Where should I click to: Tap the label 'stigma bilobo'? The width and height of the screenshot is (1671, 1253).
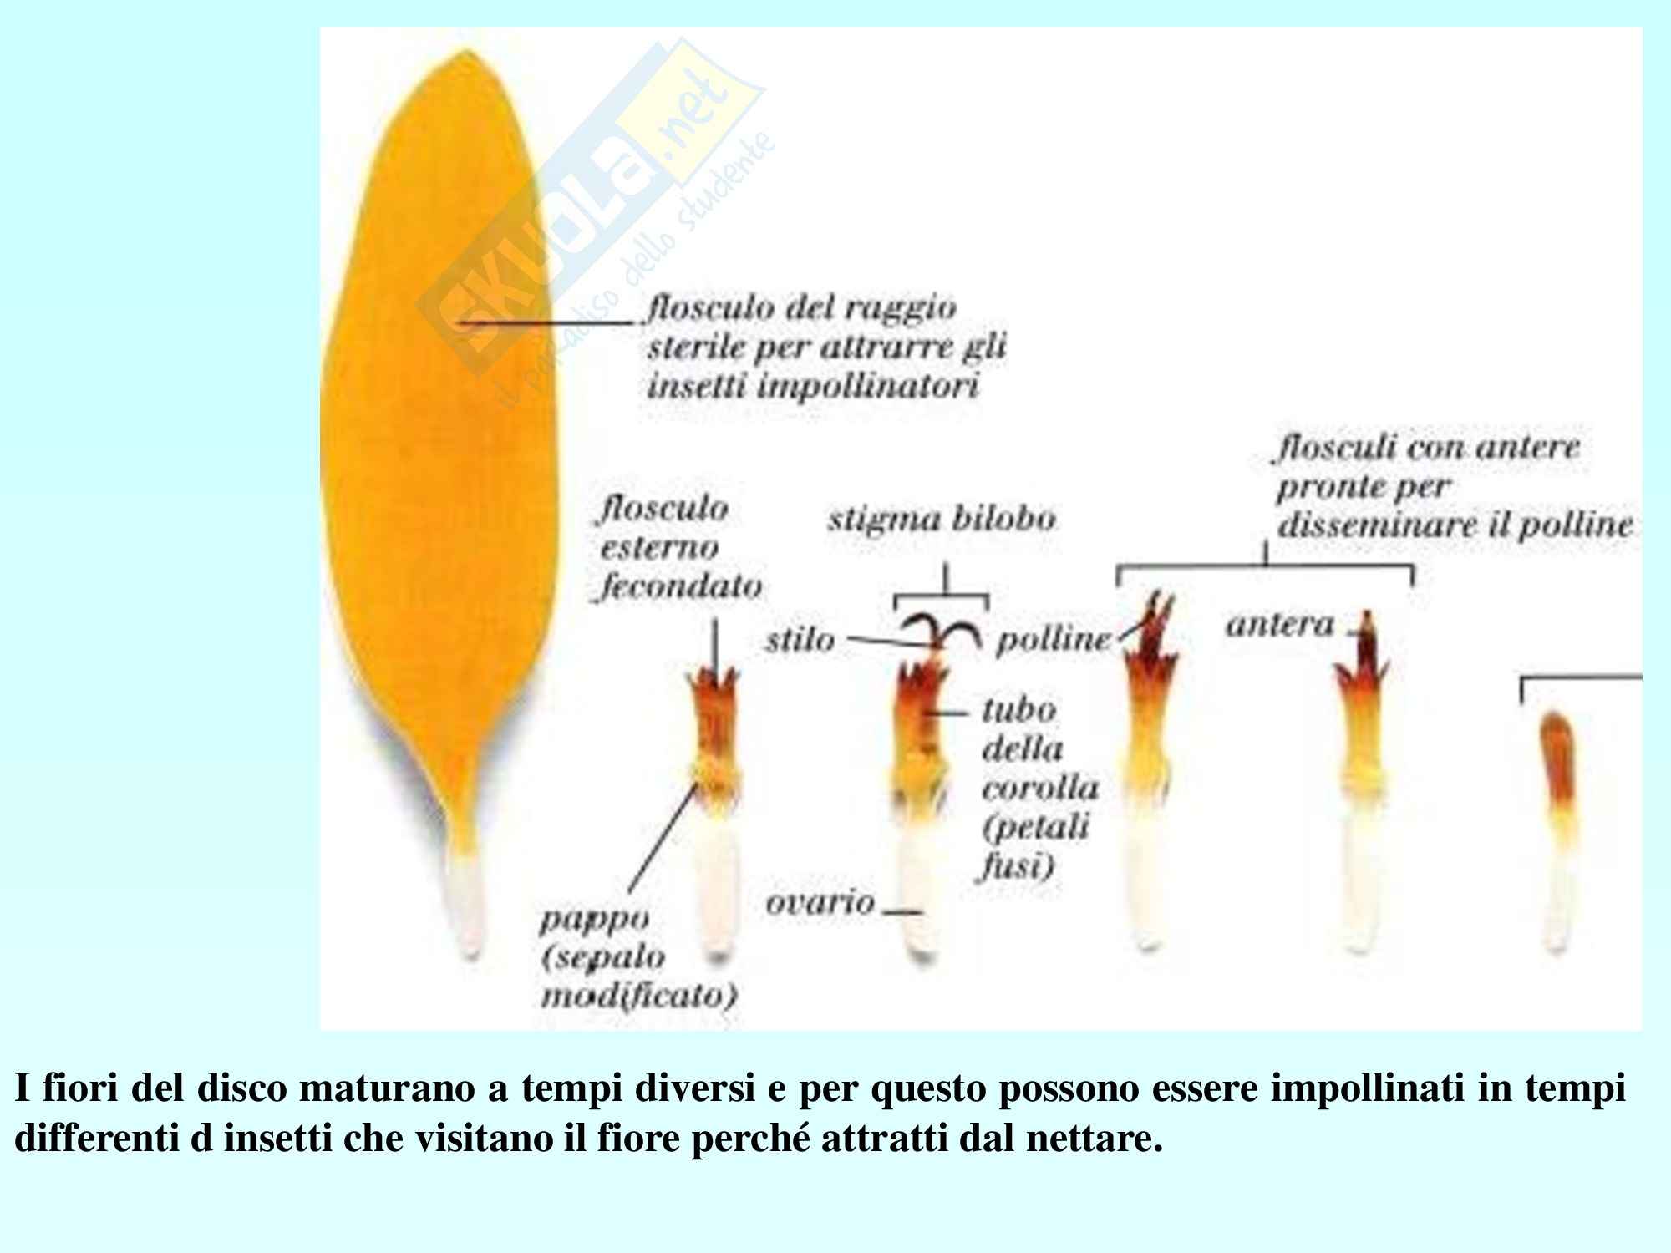point(942,520)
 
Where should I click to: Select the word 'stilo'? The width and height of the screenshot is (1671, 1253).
point(800,640)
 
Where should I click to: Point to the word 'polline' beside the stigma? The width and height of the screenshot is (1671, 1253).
point(1053,640)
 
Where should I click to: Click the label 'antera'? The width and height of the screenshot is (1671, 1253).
point(1280,625)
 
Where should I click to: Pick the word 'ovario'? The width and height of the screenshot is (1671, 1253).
point(819,902)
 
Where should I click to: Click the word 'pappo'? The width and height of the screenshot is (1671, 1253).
point(594,919)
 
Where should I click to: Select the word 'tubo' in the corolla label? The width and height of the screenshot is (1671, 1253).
point(1018,710)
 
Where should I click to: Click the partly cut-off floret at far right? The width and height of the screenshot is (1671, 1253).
point(1556,827)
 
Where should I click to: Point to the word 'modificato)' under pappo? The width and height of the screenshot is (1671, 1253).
point(639,997)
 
